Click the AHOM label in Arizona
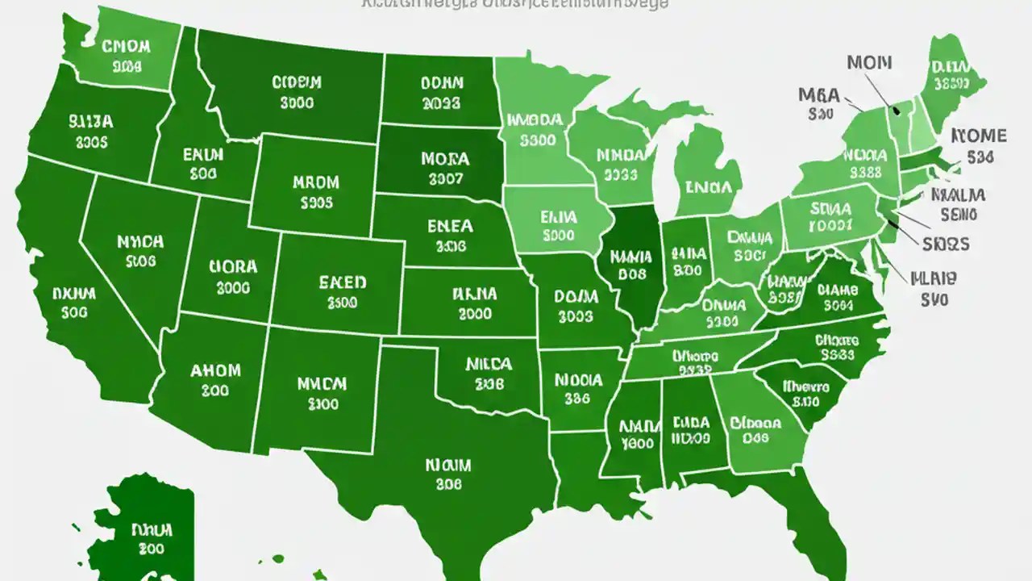click(x=215, y=370)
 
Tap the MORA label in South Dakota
click(x=444, y=159)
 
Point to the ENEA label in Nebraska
click(x=450, y=227)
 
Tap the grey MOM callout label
click(x=869, y=63)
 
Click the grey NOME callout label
click(x=979, y=135)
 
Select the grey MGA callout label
click(x=819, y=95)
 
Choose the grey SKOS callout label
click(x=946, y=243)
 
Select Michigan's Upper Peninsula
click(x=645, y=113)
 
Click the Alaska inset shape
click(x=145, y=533)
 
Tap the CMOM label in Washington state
click(x=127, y=46)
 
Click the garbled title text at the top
click(x=515, y=4)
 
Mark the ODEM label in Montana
click(x=297, y=82)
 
